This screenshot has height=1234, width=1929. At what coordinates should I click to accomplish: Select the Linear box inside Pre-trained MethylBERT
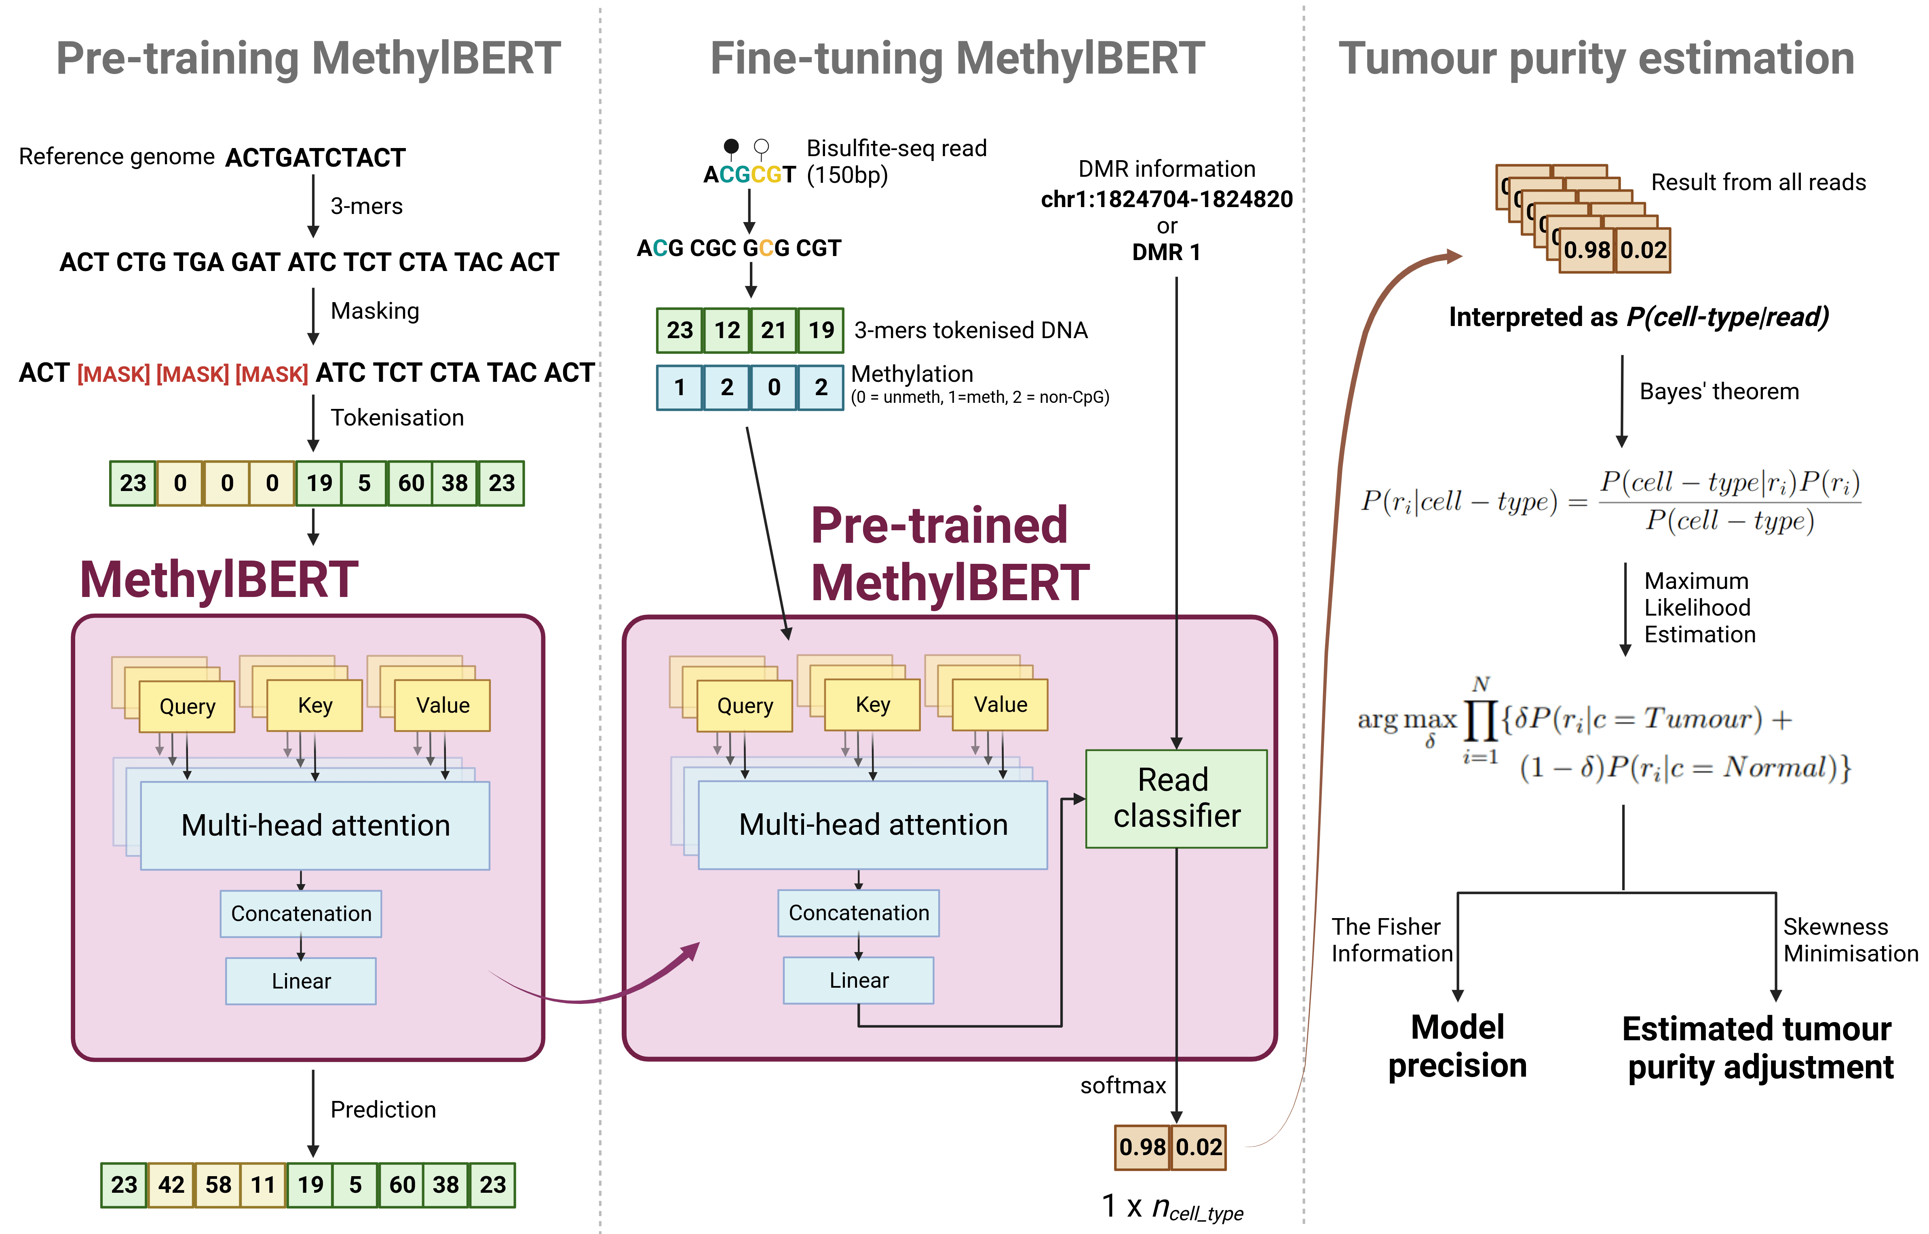[x=858, y=980]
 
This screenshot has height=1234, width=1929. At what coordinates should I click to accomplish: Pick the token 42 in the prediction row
[x=171, y=1184]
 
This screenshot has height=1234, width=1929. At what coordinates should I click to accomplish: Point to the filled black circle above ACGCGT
[x=730, y=146]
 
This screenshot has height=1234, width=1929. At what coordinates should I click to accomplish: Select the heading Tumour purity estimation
[x=1597, y=59]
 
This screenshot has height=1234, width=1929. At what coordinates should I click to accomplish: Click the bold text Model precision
[x=1457, y=1046]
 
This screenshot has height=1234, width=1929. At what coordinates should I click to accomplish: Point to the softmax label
[x=1122, y=1085]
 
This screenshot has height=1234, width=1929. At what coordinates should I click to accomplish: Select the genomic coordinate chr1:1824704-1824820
[x=1166, y=199]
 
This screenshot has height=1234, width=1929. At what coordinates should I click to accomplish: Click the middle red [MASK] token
[x=192, y=373]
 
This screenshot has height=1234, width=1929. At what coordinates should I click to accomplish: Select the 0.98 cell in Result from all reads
[x=1586, y=250]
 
